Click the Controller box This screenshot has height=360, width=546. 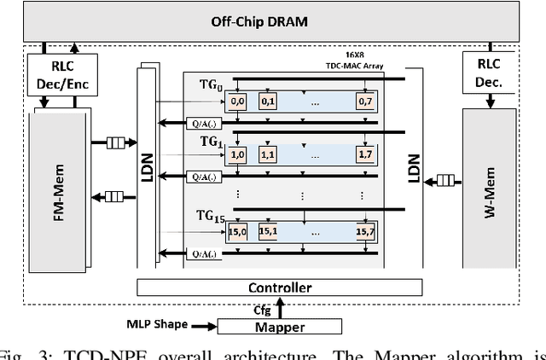pos(279,288)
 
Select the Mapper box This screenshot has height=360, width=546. pos(279,326)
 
